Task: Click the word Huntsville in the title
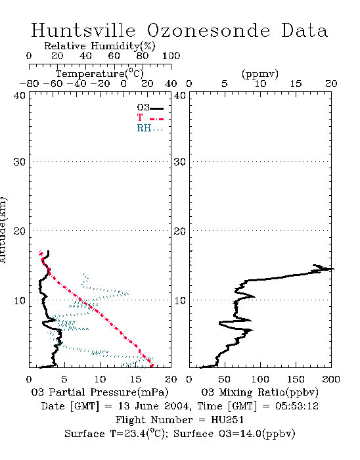83,30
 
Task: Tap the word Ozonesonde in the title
208,30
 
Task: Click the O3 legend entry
150,108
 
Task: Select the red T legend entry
150,118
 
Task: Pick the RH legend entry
150,128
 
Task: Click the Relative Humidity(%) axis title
100,46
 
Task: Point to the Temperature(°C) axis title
100,74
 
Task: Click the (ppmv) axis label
260,74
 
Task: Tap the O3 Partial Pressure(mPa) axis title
100,392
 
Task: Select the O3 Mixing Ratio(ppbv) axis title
259,392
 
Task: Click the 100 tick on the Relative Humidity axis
171,56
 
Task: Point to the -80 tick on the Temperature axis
30,83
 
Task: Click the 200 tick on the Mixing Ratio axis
331,379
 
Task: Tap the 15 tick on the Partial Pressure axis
135,379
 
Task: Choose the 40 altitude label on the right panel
180,96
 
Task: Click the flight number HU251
227,420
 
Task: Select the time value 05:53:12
297,406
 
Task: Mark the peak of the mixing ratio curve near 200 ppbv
334,269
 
